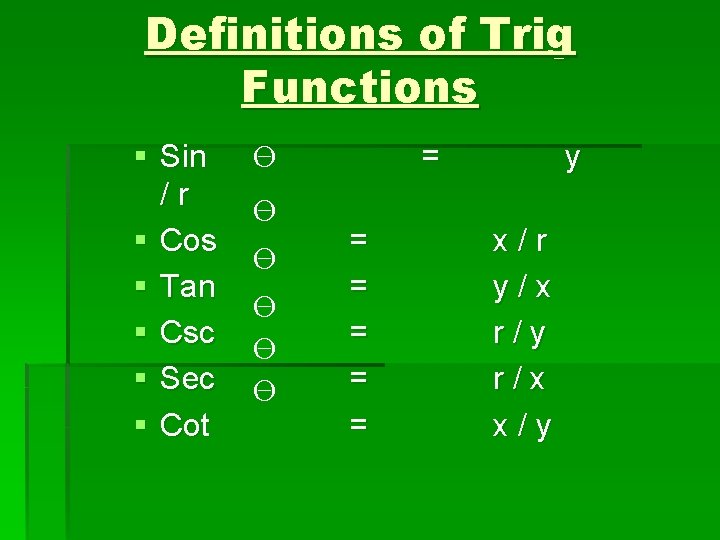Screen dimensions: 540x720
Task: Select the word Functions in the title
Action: [359, 86]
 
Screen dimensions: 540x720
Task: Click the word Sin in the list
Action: [183, 156]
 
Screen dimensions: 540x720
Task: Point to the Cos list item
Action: [188, 240]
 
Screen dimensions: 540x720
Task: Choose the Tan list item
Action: [188, 287]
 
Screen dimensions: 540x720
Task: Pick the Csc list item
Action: [187, 333]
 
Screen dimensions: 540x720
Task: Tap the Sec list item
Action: [187, 379]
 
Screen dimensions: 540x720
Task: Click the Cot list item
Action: [185, 425]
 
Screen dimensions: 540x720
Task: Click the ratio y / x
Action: [521, 288]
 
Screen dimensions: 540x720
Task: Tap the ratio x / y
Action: [521, 426]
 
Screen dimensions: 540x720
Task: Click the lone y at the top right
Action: [572, 158]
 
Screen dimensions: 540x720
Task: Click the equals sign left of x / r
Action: [358, 240]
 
